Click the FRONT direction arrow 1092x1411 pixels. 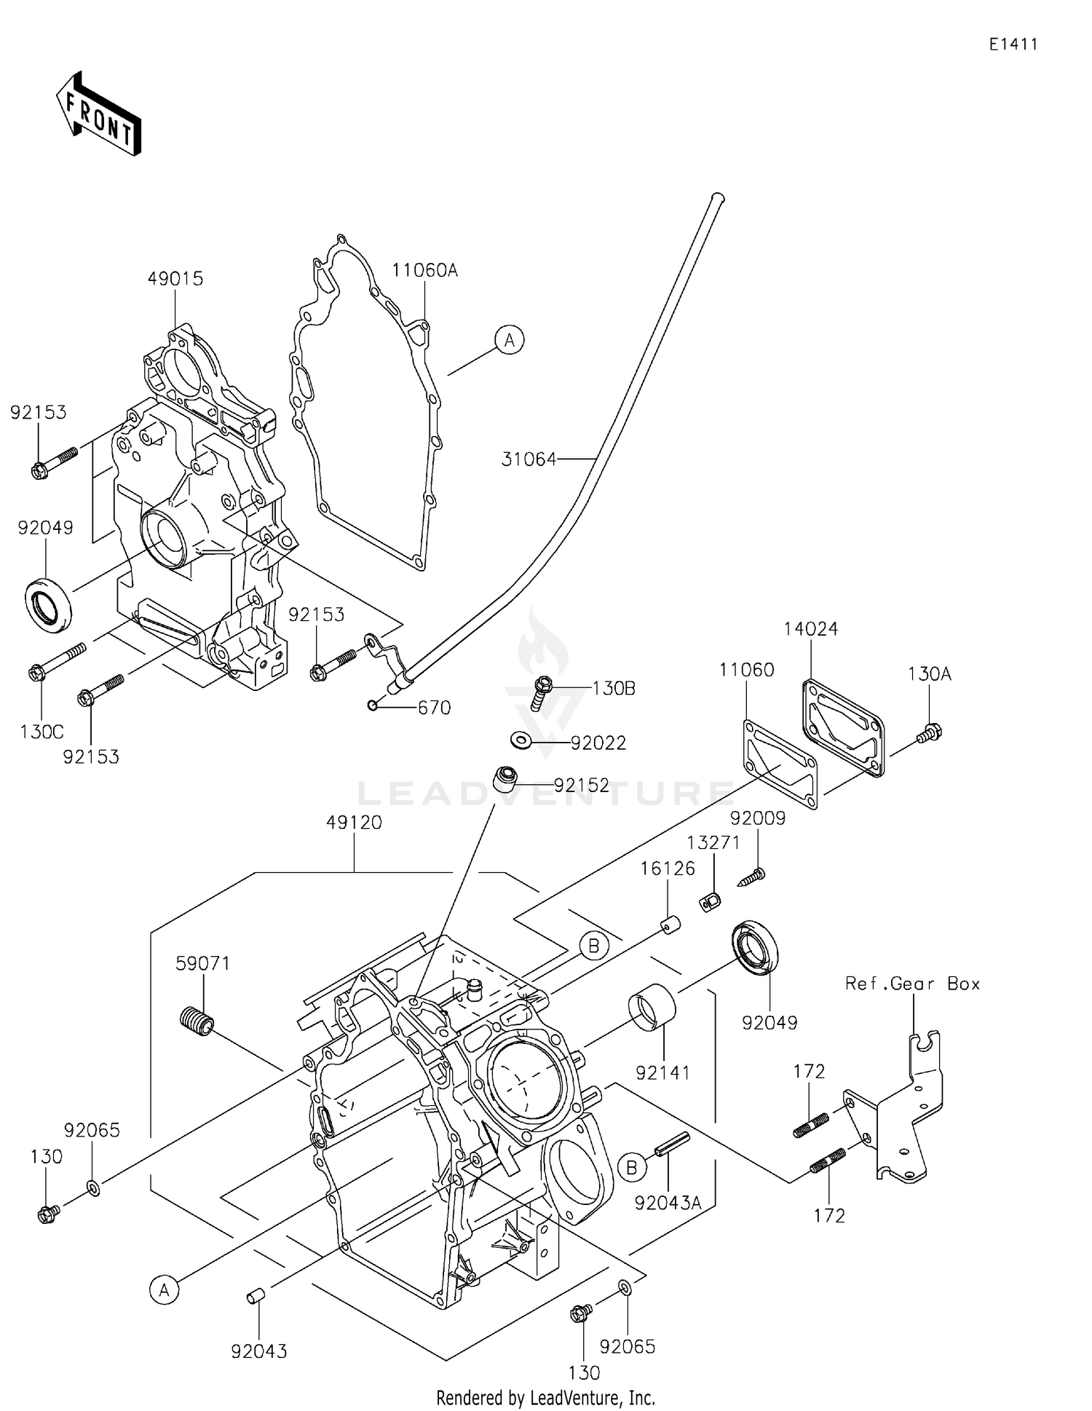click(98, 114)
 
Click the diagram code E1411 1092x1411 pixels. click(1013, 44)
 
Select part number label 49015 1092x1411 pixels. click(175, 279)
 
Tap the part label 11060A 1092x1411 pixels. click(424, 271)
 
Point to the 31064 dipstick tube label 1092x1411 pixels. click(529, 459)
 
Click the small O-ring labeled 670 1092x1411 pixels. click(373, 705)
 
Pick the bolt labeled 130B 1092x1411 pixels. click(542, 692)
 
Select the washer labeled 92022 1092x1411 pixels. click(521, 740)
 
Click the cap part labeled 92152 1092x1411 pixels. click(505, 778)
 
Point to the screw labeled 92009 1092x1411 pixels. click(752, 877)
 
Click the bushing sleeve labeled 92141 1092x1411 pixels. click(652, 1008)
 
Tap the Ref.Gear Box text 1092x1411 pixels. click(912, 984)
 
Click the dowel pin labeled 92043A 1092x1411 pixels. click(671, 1142)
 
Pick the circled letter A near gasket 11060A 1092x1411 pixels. click(510, 340)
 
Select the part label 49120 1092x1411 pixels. click(354, 823)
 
